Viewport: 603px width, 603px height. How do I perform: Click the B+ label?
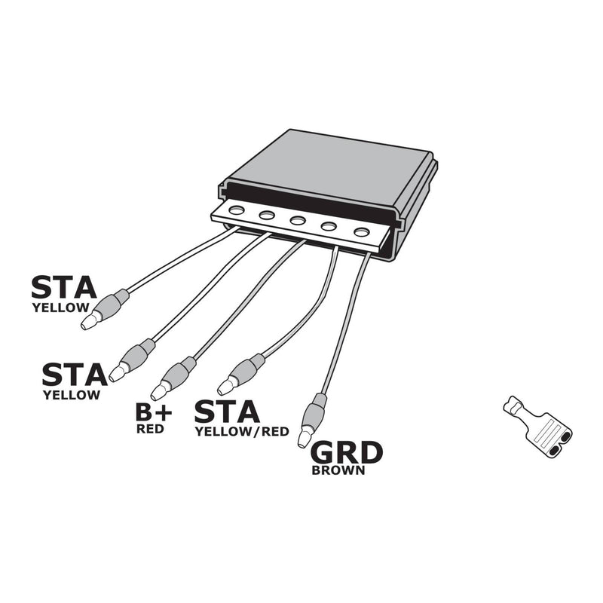pyautogui.click(x=154, y=412)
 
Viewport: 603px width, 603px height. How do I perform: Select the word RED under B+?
pyautogui.click(x=149, y=430)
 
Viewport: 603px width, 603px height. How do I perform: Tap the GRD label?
pyautogui.click(x=347, y=452)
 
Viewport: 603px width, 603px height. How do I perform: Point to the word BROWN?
pyautogui.click(x=338, y=470)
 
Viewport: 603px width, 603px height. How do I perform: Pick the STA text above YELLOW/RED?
pyautogui.click(x=227, y=412)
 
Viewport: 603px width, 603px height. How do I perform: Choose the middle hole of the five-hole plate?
pyautogui.click(x=298, y=221)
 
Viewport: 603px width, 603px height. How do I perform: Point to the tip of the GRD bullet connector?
pyautogui.click(x=304, y=438)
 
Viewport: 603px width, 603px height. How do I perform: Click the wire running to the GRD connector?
pyautogui.click(x=344, y=324)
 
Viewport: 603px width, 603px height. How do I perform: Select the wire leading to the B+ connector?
pyautogui.click(x=249, y=301)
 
